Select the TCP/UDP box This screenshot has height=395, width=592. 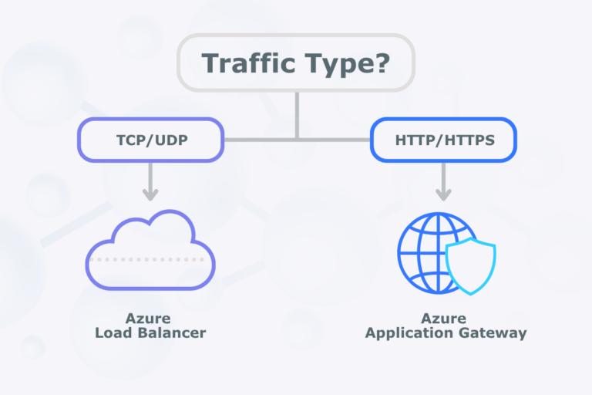pos(150,140)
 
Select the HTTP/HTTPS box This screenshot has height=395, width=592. pos(443,140)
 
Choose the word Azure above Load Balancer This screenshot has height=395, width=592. pos(149,319)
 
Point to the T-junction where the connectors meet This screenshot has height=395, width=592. pos(297,140)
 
